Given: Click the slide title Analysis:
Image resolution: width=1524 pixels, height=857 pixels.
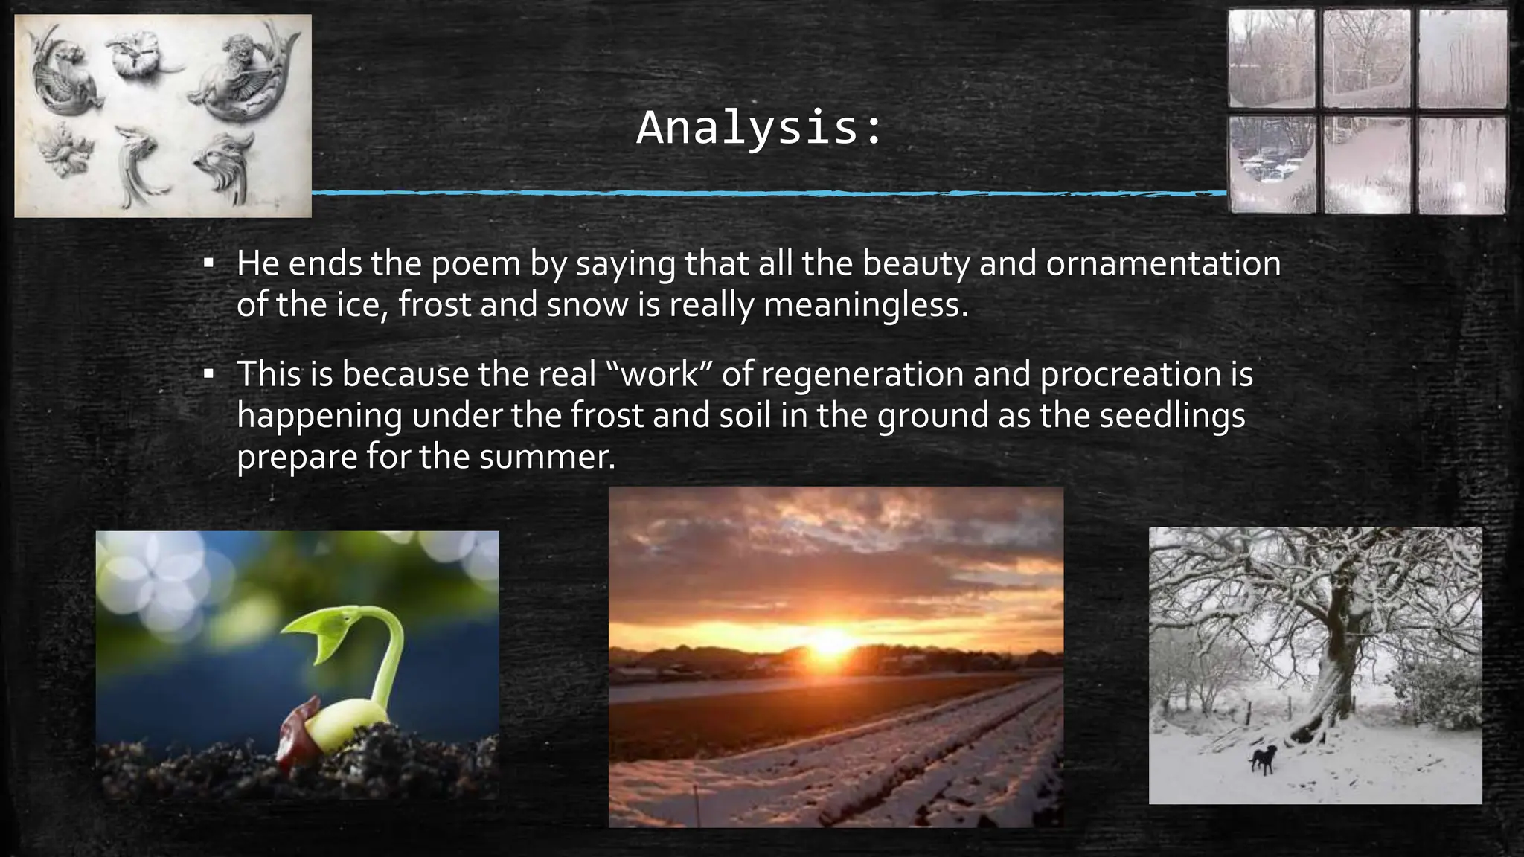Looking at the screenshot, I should [x=760, y=128].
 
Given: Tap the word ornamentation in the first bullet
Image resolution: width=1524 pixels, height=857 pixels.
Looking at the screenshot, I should [x=1163, y=263].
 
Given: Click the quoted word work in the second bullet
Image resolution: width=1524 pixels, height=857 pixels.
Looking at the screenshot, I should [x=659, y=374].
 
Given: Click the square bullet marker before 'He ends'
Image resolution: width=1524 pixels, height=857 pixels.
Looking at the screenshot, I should [x=209, y=263].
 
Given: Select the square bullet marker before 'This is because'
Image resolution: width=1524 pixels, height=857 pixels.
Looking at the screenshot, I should [x=209, y=373].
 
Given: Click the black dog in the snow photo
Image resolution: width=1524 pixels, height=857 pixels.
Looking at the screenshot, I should [x=1263, y=759].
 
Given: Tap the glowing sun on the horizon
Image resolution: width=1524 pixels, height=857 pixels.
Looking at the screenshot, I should [x=830, y=641].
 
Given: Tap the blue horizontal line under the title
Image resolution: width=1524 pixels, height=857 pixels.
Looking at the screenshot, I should [x=766, y=193].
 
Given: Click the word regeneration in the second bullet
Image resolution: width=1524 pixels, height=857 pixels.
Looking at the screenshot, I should [x=862, y=374].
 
